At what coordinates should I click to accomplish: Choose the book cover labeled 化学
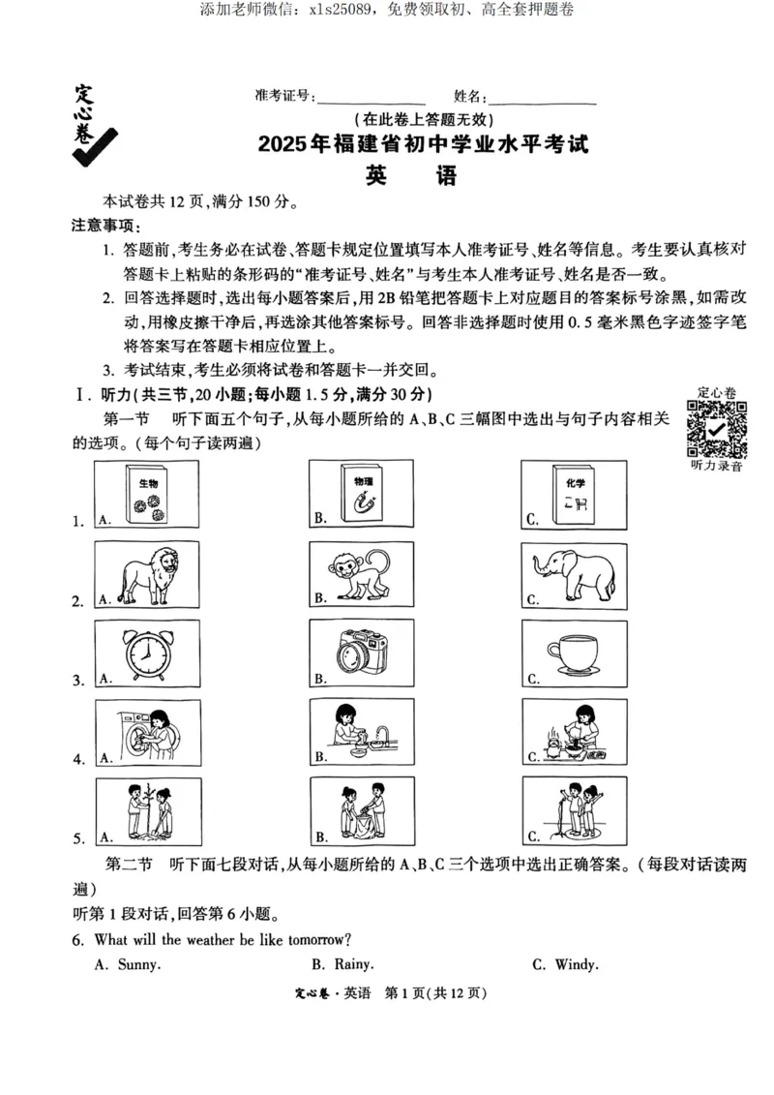[571, 494]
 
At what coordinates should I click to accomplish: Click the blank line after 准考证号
[372, 98]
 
